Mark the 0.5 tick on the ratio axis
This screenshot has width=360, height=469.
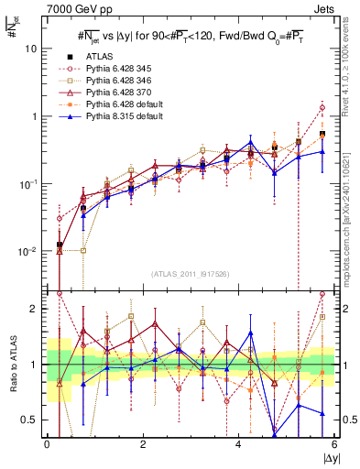[x=32, y=420]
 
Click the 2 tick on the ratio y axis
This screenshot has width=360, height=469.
[x=37, y=309]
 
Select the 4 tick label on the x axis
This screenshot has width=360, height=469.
[x=239, y=444]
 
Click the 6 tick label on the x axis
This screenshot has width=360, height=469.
[x=335, y=444]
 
